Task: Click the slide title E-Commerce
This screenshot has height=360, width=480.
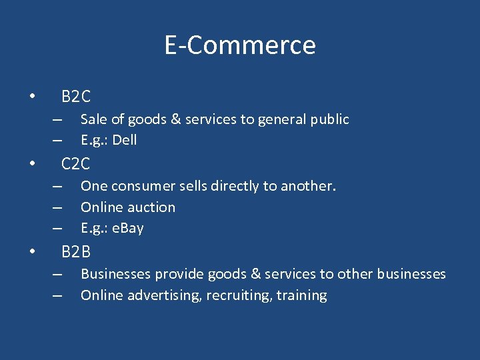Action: (240, 45)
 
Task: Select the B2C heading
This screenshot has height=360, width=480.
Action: (76, 97)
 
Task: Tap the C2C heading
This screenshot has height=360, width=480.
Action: (76, 163)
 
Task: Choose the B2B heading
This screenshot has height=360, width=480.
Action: (76, 252)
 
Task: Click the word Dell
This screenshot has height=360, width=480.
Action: (125, 140)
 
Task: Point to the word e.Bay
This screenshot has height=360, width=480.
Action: (128, 228)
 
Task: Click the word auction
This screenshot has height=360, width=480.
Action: (153, 207)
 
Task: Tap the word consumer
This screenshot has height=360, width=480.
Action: (141, 186)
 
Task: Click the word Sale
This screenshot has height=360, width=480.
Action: (93, 119)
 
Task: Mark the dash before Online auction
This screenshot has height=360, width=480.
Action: (58, 207)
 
